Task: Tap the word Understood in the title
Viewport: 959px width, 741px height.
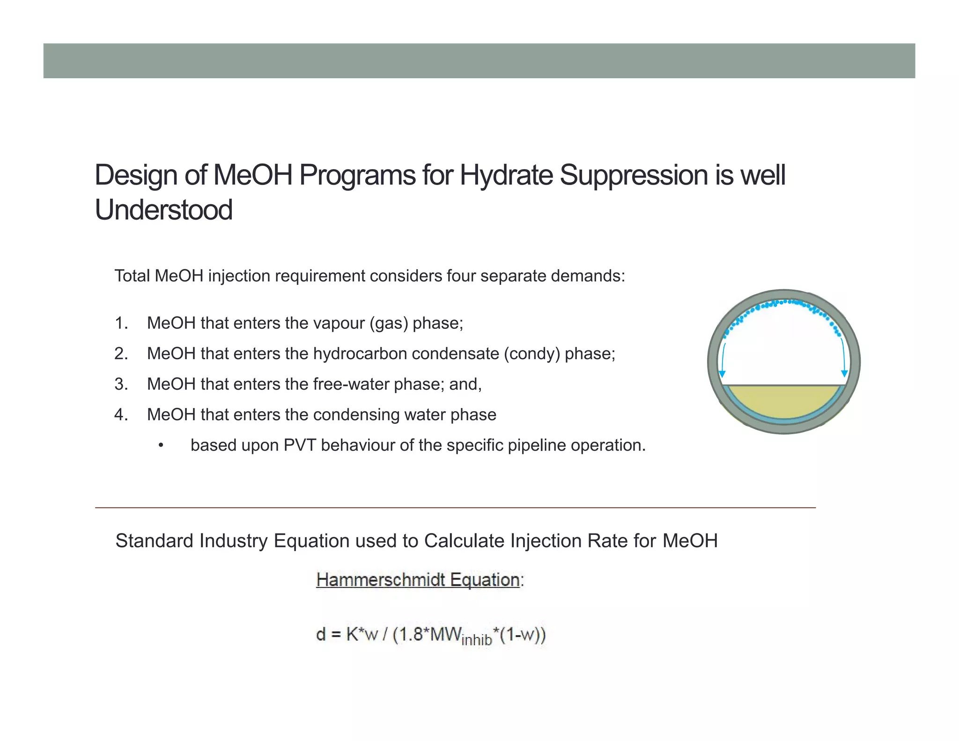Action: click(x=163, y=210)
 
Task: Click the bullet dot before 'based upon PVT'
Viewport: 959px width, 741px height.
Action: click(x=161, y=445)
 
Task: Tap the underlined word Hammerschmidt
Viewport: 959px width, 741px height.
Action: click(x=381, y=580)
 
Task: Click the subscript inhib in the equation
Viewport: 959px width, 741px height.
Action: click(x=477, y=640)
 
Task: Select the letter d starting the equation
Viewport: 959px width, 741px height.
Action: click(x=321, y=635)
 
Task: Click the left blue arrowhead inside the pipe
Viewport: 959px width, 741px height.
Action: click(x=723, y=374)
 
